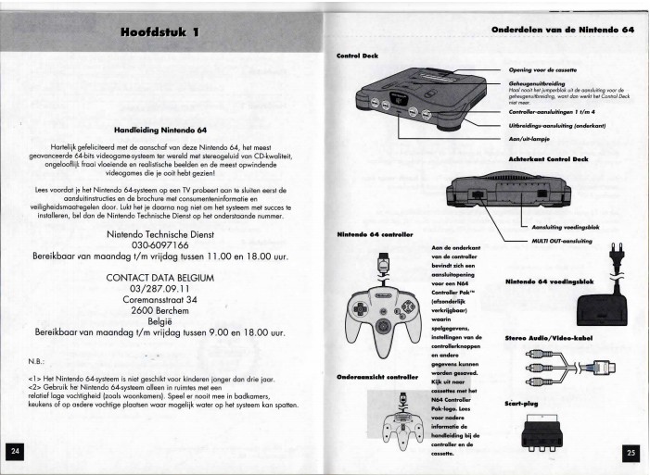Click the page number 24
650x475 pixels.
[16, 450]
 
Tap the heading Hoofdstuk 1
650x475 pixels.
[159, 33]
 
